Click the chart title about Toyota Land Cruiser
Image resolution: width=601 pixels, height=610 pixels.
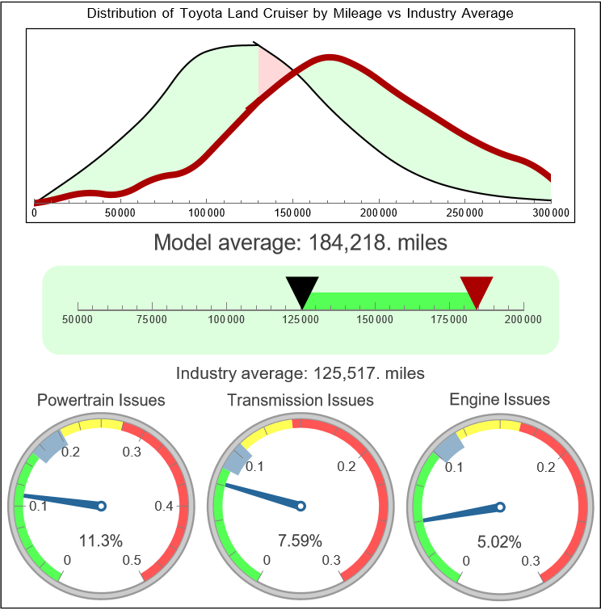pos(300,14)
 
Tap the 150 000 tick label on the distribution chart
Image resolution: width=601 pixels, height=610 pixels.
pos(292,212)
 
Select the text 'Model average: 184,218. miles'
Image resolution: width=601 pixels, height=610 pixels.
pos(300,242)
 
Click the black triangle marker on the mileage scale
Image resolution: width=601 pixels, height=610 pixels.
pos(302,290)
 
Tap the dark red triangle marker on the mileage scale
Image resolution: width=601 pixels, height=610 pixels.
pos(477,290)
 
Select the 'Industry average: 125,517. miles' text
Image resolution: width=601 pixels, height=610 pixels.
pos(300,373)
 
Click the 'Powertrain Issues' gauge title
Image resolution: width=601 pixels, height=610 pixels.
pos(102,400)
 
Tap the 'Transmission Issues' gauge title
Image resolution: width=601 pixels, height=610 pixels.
pos(300,400)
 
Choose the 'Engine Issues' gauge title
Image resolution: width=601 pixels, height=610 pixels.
pos(499,399)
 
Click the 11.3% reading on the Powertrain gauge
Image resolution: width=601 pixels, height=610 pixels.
pos(102,541)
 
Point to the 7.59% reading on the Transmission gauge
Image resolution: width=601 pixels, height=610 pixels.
pos(300,541)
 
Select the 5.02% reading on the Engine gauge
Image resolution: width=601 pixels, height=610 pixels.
pos(499,541)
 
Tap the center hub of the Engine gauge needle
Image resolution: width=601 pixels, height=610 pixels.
pos(499,507)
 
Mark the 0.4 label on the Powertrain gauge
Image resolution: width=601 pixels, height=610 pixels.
pos(164,507)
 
